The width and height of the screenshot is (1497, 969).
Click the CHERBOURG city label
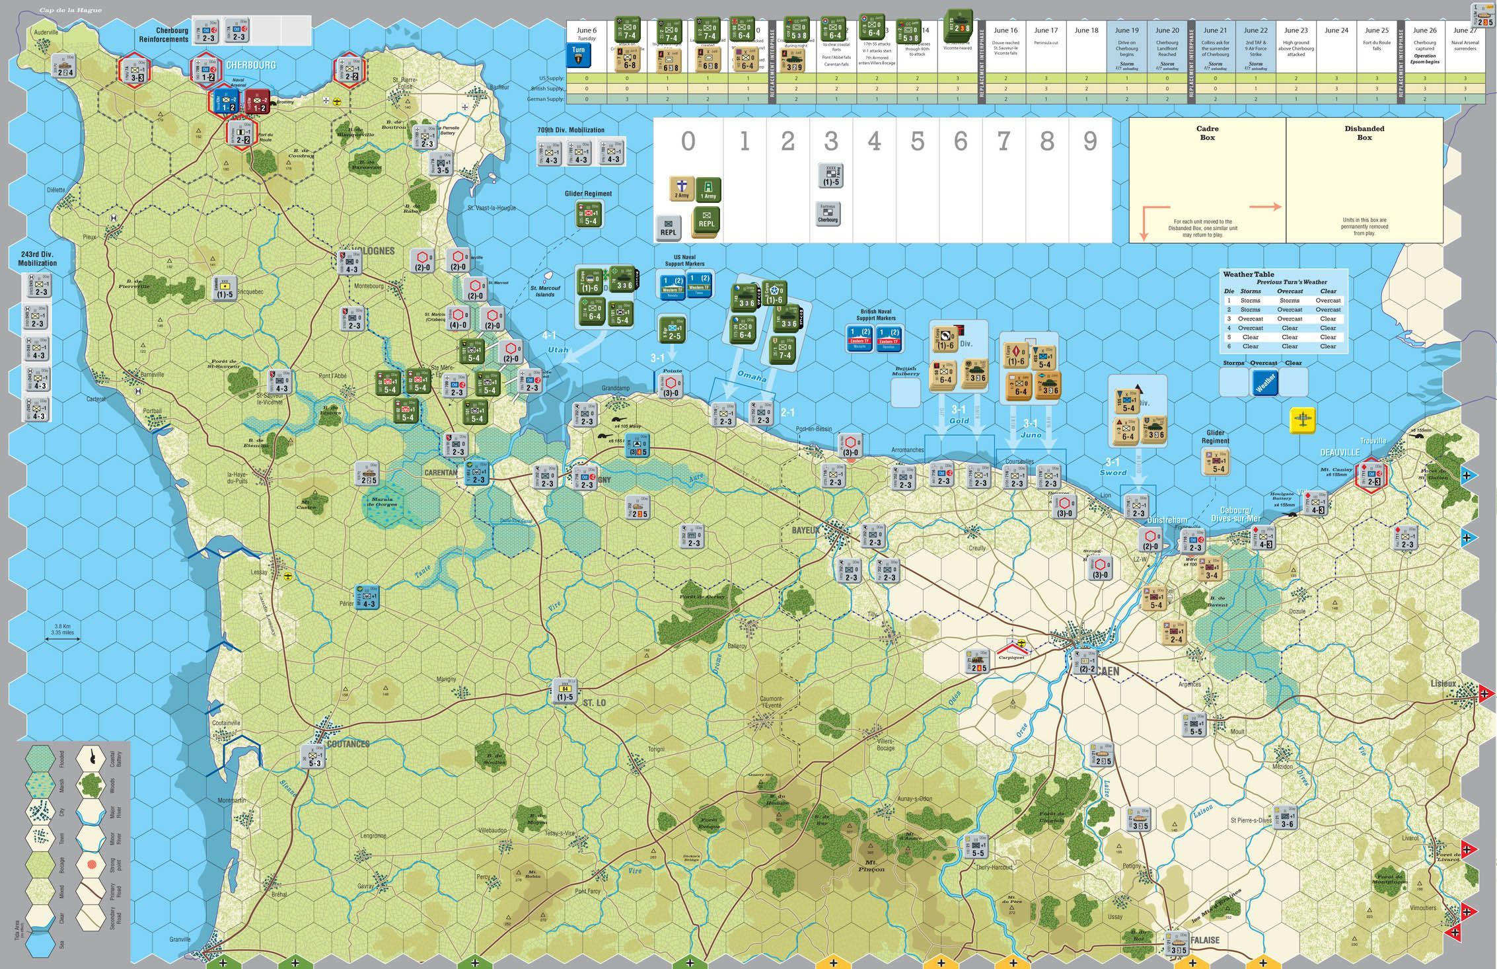(250, 65)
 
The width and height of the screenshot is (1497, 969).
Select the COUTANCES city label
(348, 744)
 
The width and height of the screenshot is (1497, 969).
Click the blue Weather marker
(1264, 383)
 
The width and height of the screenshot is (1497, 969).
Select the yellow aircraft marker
(1303, 420)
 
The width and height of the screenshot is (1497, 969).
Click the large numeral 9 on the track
(1090, 141)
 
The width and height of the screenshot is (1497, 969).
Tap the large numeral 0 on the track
(688, 141)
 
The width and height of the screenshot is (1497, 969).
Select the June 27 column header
(1465, 30)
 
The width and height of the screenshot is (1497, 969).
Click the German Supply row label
(545, 99)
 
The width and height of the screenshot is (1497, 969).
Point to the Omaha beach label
(752, 377)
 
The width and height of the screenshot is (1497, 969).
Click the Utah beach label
(558, 350)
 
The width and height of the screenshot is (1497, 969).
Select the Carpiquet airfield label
(1011, 657)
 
